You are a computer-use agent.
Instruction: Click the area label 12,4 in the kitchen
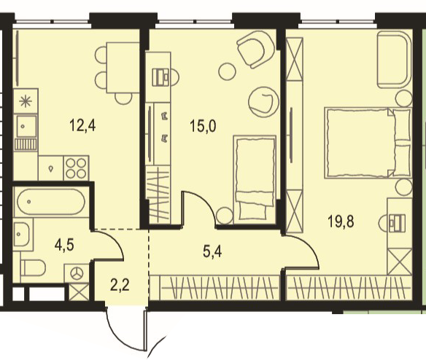82,125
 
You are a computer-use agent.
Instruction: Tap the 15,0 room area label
203,126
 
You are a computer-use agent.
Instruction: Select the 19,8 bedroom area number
341,222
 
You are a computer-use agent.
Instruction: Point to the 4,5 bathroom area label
64,246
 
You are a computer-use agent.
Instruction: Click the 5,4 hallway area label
212,251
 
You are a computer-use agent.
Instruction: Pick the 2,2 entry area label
120,286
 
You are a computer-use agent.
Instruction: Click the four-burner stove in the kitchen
77,168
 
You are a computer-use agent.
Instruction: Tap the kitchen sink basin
26,126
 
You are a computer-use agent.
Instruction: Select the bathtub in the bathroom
51,202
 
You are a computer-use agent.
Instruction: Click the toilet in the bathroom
33,268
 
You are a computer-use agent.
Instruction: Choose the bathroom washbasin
21,235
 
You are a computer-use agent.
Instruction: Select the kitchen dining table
123,68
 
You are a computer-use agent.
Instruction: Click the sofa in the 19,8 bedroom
395,60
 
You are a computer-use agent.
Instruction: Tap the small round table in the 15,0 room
227,71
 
